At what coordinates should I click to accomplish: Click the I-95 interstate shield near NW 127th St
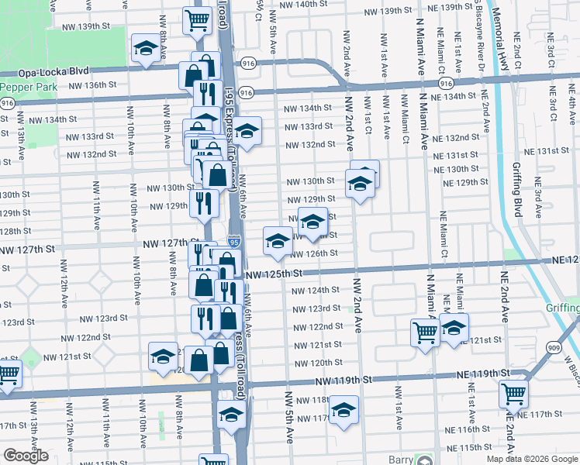coord(233,243)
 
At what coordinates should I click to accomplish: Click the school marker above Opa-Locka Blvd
coord(144,49)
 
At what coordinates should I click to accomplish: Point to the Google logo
coord(26,456)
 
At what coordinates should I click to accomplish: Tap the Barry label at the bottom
coord(400,460)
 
